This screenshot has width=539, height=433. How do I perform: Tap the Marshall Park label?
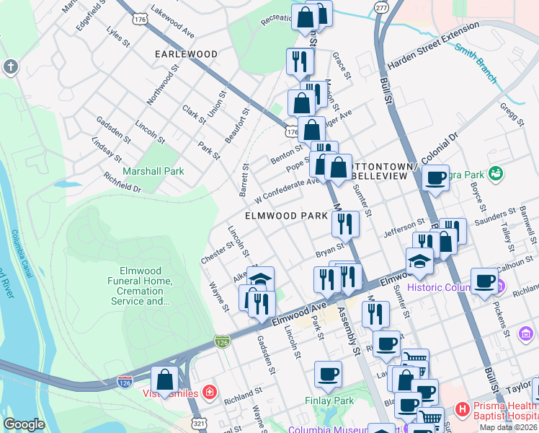(153, 171)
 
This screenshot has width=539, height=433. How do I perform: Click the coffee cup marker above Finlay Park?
(328, 375)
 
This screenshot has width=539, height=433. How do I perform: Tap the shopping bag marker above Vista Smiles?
(165, 380)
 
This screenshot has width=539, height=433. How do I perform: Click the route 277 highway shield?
(379, 6)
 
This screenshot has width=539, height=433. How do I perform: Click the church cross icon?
(10, 67)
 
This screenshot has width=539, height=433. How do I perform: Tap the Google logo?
(24, 424)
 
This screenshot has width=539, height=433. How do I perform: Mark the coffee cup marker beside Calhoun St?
(485, 280)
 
